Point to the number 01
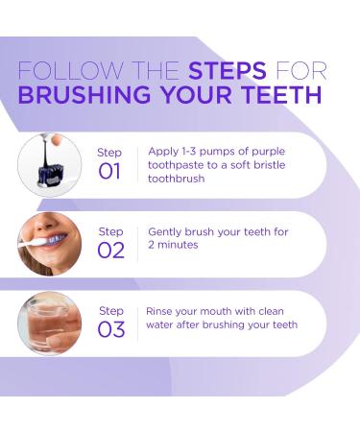tap(109, 170)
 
